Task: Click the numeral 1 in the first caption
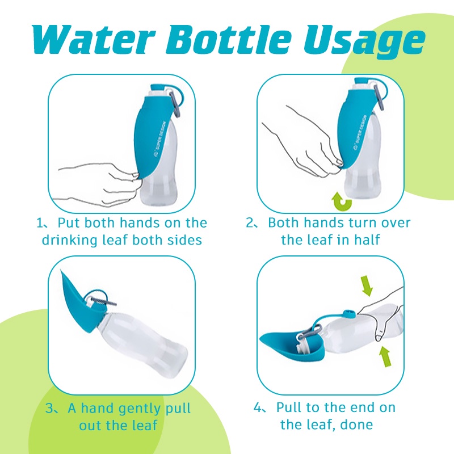[x=39, y=222]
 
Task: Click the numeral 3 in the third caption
[x=49, y=408]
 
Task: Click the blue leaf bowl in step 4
[x=289, y=346]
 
